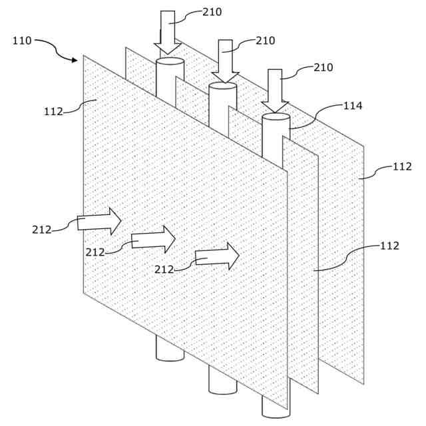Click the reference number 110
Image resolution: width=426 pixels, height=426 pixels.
[22, 41]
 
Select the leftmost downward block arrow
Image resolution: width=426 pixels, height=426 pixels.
[168, 32]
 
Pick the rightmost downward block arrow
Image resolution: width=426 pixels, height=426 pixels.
[275, 90]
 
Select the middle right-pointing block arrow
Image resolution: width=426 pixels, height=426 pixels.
[153, 240]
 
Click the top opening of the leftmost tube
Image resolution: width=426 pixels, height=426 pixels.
[170, 61]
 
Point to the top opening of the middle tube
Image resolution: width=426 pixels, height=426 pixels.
[223, 86]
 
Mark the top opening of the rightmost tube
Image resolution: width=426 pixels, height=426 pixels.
[276, 116]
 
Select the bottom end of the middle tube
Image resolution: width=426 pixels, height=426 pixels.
[223, 388]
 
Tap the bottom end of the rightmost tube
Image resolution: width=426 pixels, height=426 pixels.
[276, 413]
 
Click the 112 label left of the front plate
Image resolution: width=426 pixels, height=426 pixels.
[53, 111]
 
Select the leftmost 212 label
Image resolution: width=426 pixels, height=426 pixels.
[41, 230]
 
